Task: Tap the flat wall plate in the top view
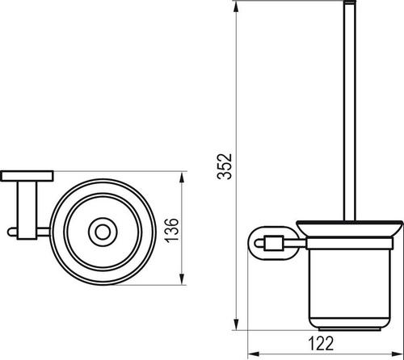[x=27, y=176]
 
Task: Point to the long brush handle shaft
[x=349, y=113]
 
